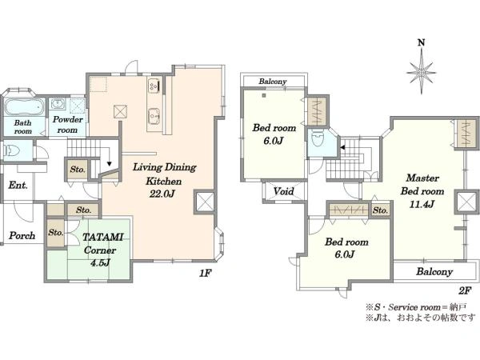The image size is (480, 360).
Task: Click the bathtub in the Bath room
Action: (x=25, y=107)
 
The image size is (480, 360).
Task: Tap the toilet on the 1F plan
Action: (x=12, y=150)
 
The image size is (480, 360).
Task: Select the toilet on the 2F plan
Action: (x=317, y=139)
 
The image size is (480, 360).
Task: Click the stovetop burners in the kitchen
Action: (x=153, y=86)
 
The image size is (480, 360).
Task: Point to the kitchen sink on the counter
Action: (x=154, y=116)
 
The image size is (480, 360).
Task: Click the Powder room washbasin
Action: (x=58, y=103)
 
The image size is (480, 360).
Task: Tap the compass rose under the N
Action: (x=422, y=72)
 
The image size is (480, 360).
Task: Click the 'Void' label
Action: (x=283, y=192)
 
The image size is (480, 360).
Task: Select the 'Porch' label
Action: (x=22, y=236)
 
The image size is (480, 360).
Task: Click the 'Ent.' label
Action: (x=18, y=186)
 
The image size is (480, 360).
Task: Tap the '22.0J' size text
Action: (x=162, y=194)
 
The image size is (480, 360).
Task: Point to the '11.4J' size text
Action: (x=422, y=205)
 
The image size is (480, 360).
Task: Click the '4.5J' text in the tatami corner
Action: (x=100, y=262)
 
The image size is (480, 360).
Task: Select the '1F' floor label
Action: (x=206, y=273)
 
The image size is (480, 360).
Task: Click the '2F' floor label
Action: (x=465, y=290)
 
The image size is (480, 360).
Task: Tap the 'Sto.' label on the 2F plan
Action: (x=381, y=210)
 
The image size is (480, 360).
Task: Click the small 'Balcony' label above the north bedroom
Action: (x=273, y=82)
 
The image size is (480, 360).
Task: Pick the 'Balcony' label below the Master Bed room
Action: (x=434, y=271)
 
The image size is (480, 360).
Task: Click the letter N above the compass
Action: (x=422, y=43)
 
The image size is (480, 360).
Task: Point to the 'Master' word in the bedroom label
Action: (x=422, y=178)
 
